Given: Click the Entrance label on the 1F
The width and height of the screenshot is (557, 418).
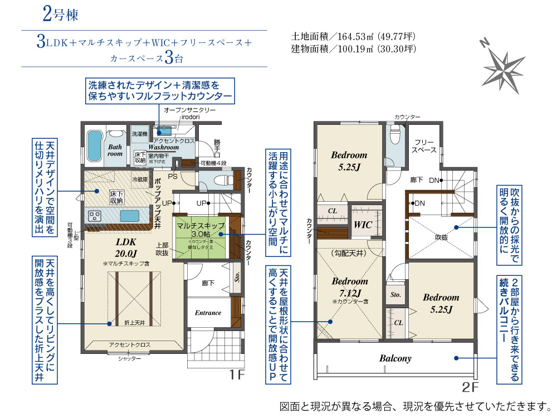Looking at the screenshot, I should tap(208, 313).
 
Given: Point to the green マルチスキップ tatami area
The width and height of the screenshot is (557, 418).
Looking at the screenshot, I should tap(201, 237).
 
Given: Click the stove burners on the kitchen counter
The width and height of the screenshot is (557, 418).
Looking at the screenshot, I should tap(94, 216).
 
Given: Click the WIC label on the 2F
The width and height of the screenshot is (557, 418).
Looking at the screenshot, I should tap(363, 225).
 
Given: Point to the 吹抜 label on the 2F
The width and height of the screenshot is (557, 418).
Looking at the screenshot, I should tap(442, 237).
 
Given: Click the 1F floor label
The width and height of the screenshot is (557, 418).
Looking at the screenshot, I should tap(237, 375).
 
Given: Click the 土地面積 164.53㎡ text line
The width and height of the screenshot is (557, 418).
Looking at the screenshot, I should tap(353, 37).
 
